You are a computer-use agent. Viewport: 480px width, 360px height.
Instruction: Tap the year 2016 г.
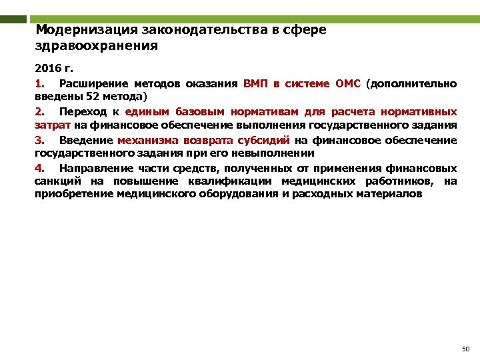51,69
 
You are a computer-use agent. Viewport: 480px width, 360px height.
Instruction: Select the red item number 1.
39,83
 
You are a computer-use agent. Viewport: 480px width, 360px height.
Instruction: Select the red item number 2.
39,112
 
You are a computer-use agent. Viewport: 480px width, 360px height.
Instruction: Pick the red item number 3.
39,140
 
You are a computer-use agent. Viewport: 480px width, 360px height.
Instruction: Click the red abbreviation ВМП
256,83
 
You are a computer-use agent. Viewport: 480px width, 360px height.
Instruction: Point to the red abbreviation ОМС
347,83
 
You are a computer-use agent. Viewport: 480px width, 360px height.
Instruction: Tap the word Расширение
90,83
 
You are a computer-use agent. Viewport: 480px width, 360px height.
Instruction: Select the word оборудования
236,195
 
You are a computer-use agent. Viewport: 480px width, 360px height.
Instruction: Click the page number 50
465,349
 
